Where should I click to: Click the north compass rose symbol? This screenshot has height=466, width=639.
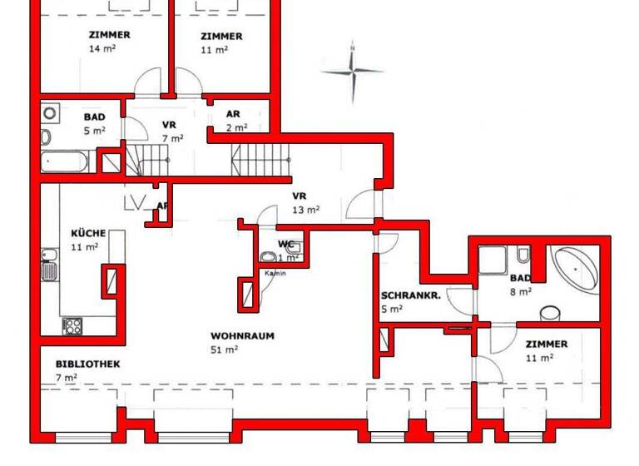tap(353, 73)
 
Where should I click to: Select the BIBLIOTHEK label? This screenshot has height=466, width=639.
tap(88, 364)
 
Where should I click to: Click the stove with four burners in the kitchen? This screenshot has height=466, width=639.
tap(72, 325)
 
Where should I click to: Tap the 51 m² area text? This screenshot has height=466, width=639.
tap(225, 349)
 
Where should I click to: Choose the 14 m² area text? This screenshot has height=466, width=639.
tap(102, 49)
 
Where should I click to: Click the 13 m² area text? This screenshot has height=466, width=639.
tap(307, 210)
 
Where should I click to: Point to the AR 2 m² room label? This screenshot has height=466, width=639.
tap(235, 121)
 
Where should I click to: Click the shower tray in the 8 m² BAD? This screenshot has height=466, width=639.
tap(494, 260)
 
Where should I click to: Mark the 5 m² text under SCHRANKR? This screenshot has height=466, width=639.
tap(392, 309)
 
